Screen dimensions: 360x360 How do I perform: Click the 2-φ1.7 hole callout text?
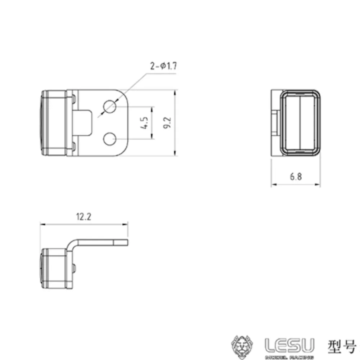[163, 66]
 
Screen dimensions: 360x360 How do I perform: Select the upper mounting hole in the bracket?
[109, 107]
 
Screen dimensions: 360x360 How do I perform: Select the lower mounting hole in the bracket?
[109, 139]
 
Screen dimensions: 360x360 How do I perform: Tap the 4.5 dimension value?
[145, 122]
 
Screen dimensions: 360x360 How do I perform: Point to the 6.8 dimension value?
[296, 176]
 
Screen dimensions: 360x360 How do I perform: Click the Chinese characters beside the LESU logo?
[342, 345]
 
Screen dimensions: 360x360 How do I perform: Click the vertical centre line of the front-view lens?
[300, 122]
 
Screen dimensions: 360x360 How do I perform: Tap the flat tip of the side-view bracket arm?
[121, 242]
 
